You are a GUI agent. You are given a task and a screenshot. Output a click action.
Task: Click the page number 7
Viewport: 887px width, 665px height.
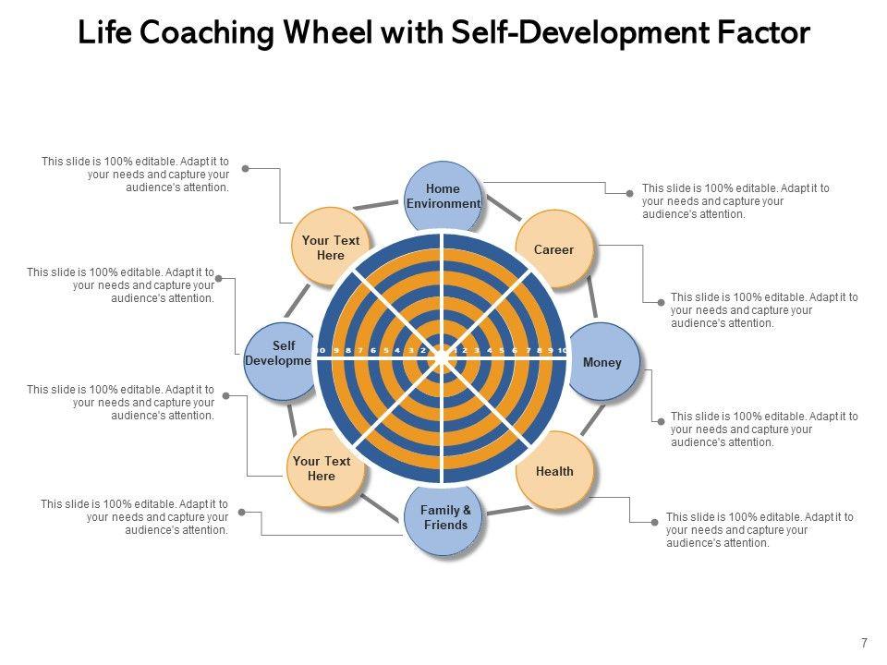[864, 644]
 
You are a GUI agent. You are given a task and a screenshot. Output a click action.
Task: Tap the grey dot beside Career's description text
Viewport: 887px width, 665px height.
[661, 302]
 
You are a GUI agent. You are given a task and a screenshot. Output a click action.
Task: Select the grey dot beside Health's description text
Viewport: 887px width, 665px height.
[656, 522]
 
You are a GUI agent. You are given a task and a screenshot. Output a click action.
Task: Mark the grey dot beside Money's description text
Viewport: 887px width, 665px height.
[661, 421]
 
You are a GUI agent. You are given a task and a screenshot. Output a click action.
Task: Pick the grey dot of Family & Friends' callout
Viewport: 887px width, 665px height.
[241, 511]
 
